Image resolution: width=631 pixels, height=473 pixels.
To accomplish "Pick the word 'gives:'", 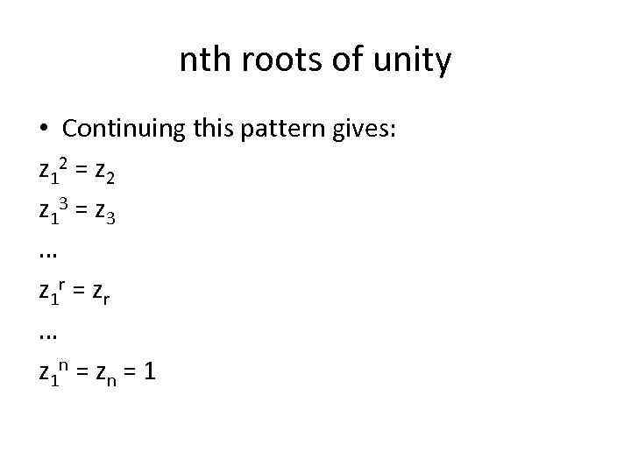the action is [371, 131].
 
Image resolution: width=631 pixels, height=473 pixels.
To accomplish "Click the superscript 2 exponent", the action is [62, 164].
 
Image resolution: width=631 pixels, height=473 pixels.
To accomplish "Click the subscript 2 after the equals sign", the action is [109, 181].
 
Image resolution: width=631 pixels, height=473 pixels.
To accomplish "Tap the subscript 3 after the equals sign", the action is [109, 221].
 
